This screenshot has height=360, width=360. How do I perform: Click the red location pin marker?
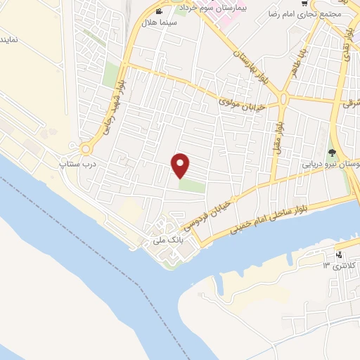pyautogui.click(x=181, y=165)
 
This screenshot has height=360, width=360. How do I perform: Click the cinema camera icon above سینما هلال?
pyautogui.click(x=159, y=12)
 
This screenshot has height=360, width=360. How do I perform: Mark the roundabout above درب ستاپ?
pyautogui.click(x=86, y=148)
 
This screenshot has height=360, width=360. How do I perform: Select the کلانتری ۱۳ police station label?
pyautogui.click(x=336, y=264)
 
